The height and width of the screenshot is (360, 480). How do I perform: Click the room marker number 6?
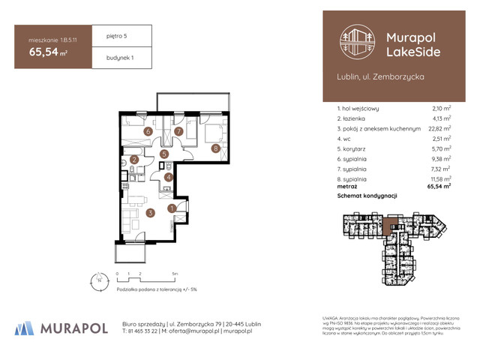click(x=148, y=132)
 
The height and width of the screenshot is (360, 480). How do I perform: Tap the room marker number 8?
click(x=215, y=148)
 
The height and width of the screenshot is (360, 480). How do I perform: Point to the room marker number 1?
click(x=172, y=208)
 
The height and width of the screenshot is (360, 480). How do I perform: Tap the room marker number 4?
click(x=169, y=177)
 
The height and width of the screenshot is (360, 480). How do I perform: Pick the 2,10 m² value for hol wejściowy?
click(x=441, y=108)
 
